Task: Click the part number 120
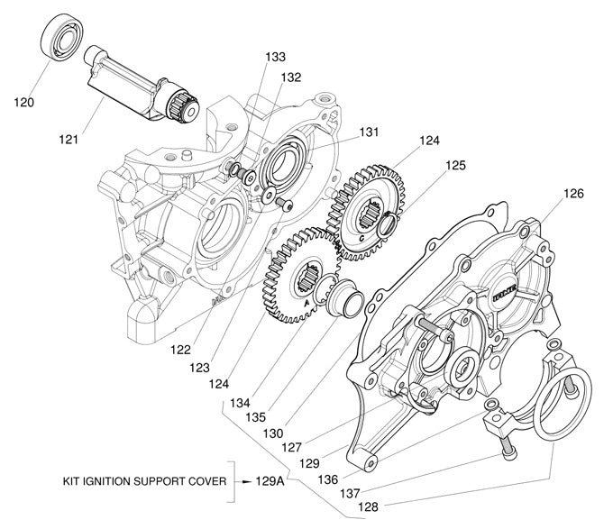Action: tap(24, 102)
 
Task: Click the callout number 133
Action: tap(275, 56)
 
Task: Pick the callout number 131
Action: tap(371, 132)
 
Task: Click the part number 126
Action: tap(574, 193)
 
